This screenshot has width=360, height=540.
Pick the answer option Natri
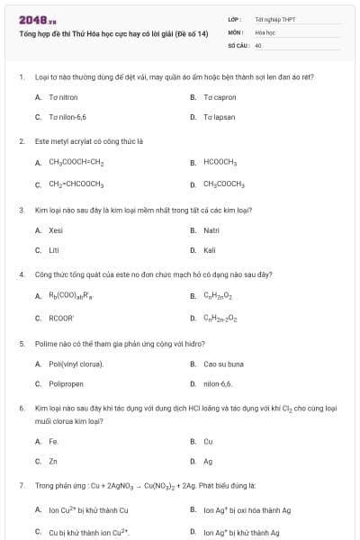coord(211,230)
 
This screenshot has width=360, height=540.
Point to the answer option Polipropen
coord(67,384)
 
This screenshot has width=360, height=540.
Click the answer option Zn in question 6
coord(53,461)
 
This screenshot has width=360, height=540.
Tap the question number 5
coord(21,343)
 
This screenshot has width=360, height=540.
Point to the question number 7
coord(21,485)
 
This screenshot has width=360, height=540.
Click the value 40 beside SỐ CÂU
coord(258,44)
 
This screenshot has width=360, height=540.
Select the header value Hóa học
coord(265,31)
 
